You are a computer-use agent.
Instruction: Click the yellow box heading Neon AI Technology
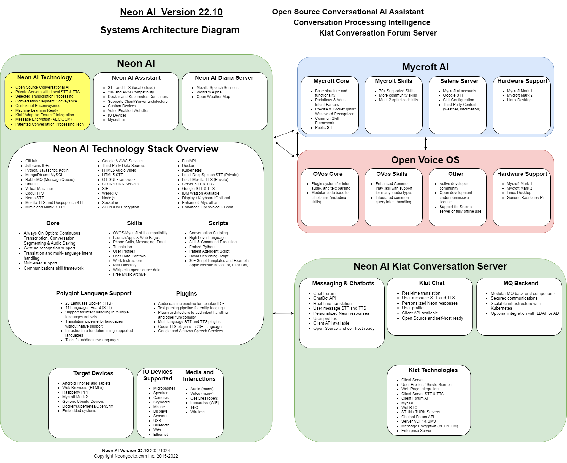point(45,77)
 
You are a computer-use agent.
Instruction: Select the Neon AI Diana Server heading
point(224,78)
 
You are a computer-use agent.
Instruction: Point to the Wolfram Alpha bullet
point(209,92)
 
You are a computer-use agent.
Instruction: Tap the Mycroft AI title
point(425,67)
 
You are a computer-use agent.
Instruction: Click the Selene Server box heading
point(459,81)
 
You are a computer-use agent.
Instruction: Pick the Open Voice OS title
point(425,160)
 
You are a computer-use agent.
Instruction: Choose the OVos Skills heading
point(392,174)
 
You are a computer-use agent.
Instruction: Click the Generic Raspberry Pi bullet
point(525,198)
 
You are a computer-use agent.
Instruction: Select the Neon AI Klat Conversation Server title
point(430,266)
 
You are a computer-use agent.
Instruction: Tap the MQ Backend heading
point(521,283)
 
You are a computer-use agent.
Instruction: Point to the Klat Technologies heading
point(433,370)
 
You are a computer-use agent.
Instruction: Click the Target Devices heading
point(93,373)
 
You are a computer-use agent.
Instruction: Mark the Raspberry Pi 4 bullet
point(75,392)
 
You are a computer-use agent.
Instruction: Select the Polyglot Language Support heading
point(94,293)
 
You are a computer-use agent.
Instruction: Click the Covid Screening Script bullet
point(209,256)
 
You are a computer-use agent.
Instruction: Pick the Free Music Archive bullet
point(129,274)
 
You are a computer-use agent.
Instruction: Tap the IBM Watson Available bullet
point(201,193)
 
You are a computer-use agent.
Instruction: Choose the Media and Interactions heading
point(199,376)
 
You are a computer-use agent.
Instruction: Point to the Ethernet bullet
point(160,435)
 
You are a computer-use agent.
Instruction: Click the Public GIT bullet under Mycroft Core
point(324,128)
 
